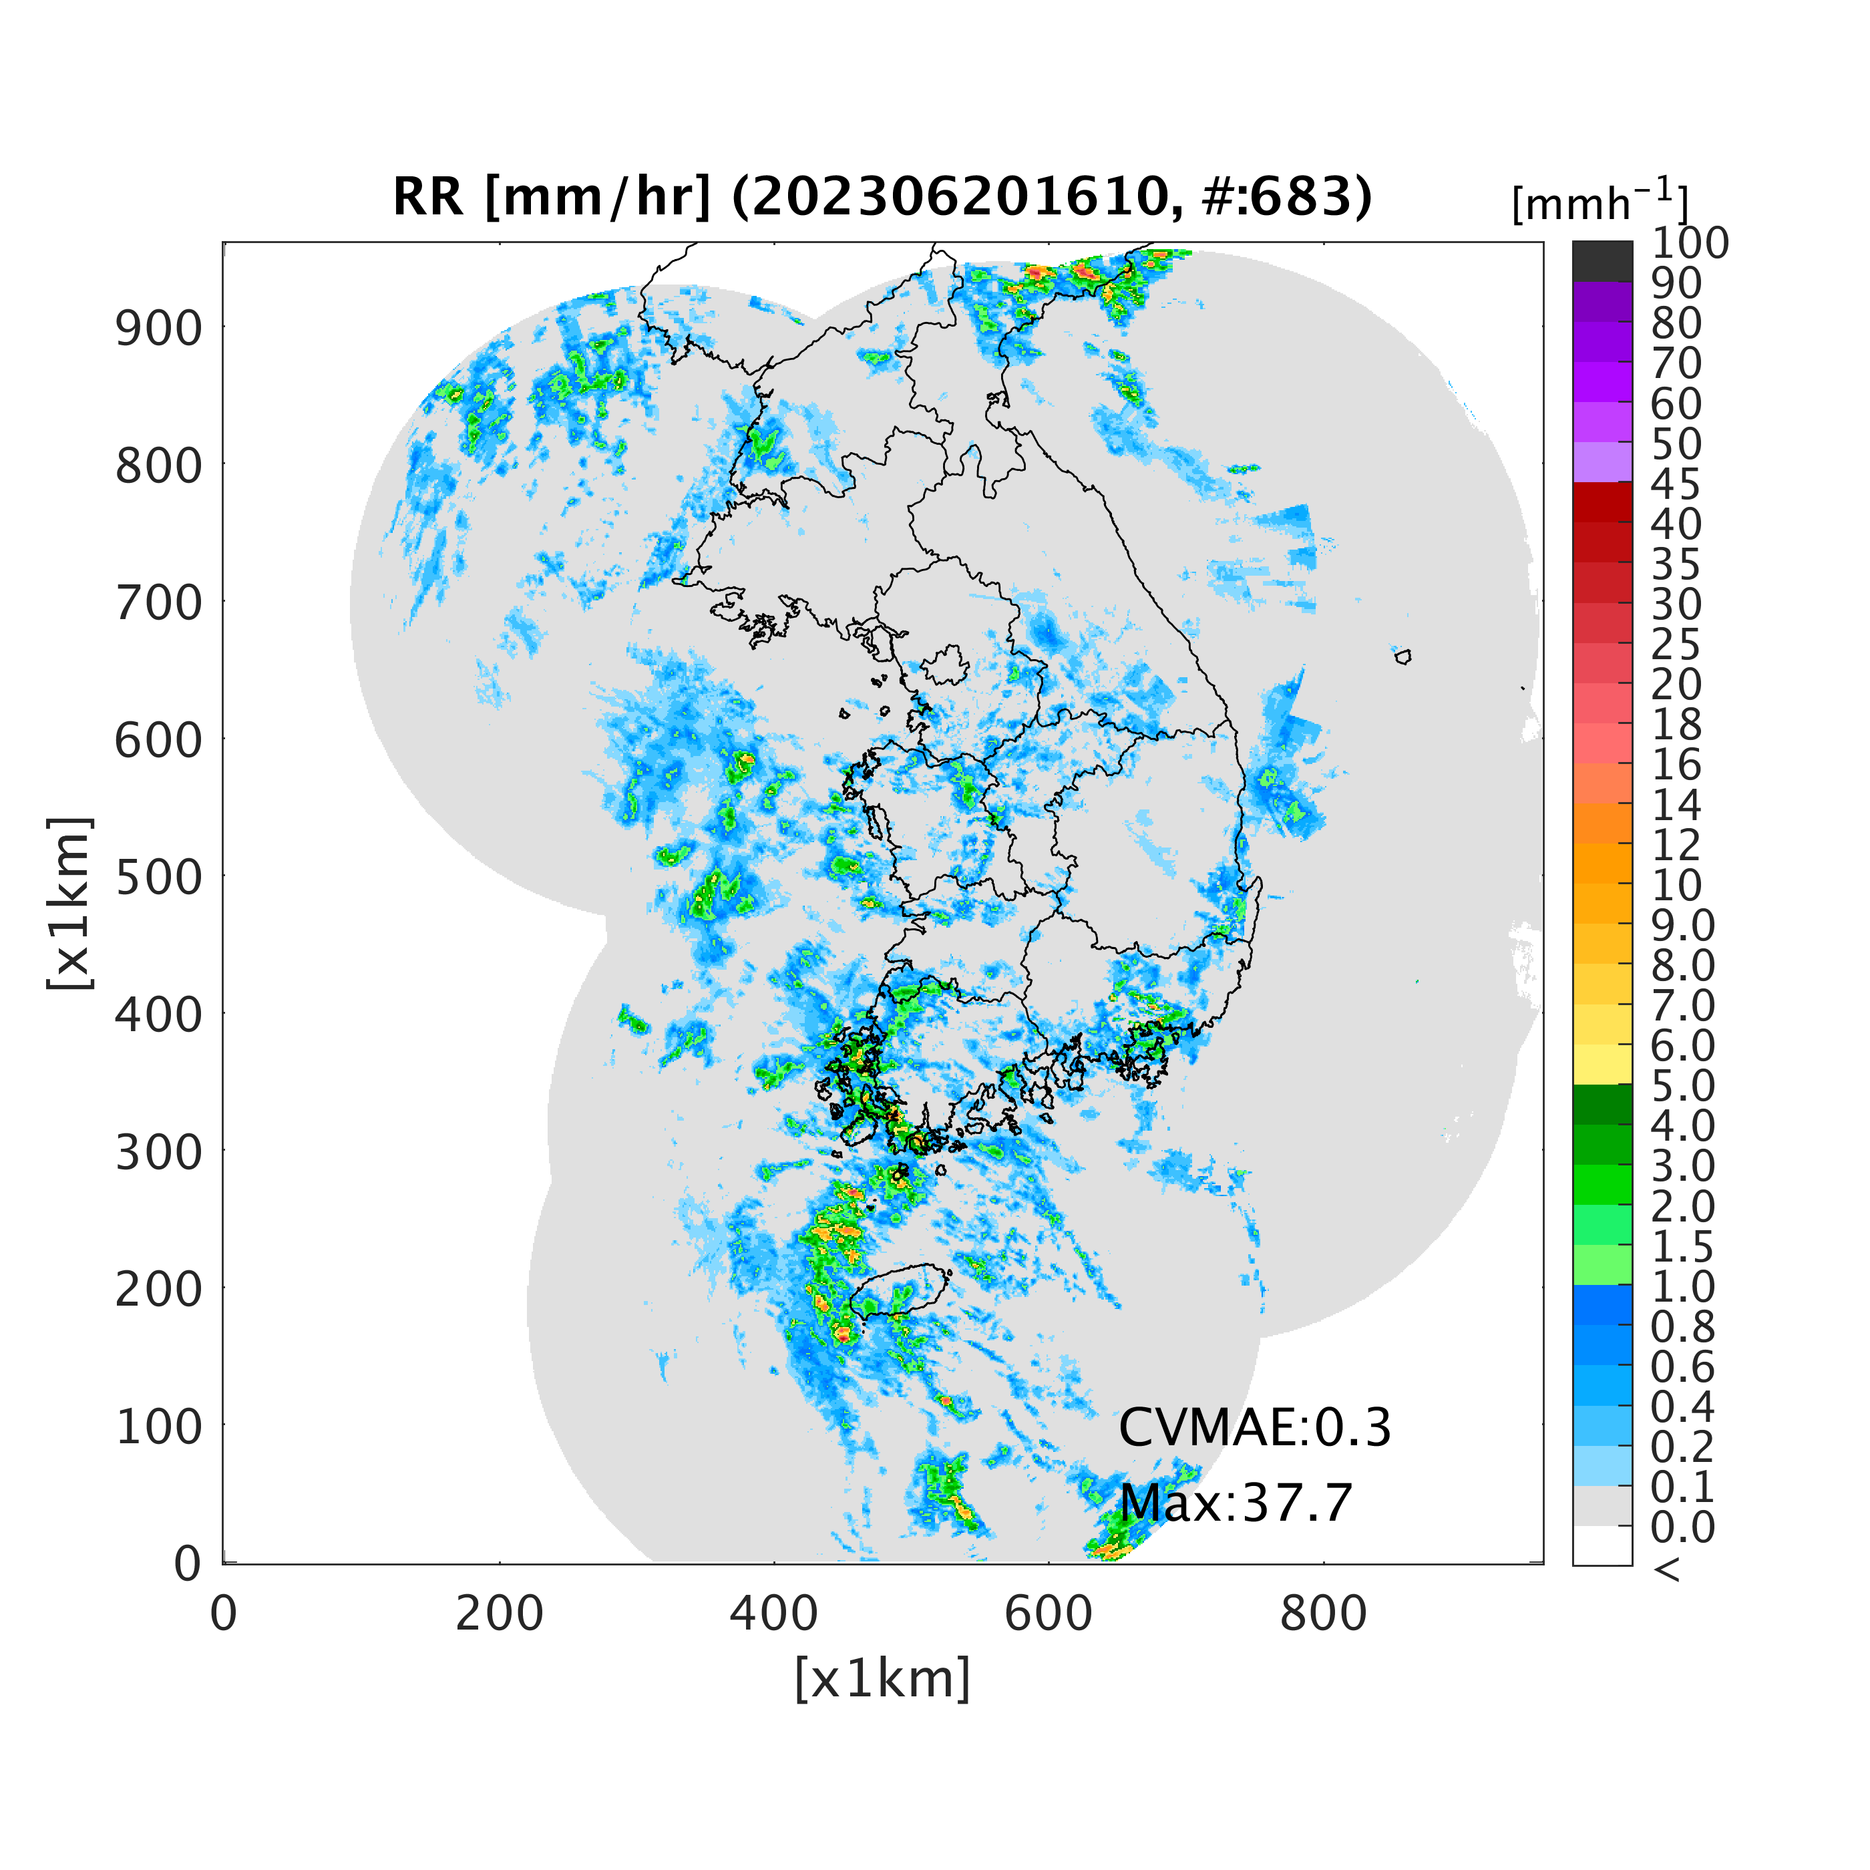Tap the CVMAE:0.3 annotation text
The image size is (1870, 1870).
(1254, 1428)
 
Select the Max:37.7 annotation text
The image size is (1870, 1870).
(1235, 1503)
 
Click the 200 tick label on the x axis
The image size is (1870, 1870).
(500, 1614)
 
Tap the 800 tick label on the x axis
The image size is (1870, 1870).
(1323, 1614)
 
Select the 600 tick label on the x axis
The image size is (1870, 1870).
(1049, 1614)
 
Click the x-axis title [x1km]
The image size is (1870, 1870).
(882, 1678)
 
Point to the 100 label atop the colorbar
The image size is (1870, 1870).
(1689, 243)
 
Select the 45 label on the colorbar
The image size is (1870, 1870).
(1676, 484)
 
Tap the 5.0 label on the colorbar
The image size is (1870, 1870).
(1682, 1086)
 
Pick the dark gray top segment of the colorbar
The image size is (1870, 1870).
(1602, 261)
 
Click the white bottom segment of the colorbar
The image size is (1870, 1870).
(1602, 1545)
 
